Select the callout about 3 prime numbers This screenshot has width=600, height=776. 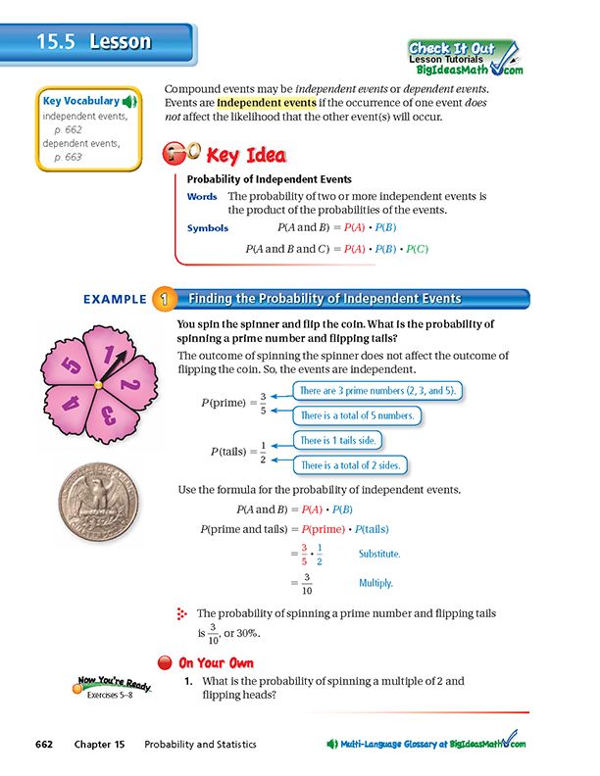pyautogui.click(x=376, y=391)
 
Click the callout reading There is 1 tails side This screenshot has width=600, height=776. pyautogui.click(x=343, y=442)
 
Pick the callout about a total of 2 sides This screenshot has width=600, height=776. pyautogui.click(x=354, y=465)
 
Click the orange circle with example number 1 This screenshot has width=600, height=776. pyautogui.click(x=161, y=299)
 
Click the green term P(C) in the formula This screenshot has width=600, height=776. pyautogui.click(x=417, y=248)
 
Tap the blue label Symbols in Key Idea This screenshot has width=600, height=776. pyautogui.click(x=207, y=228)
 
